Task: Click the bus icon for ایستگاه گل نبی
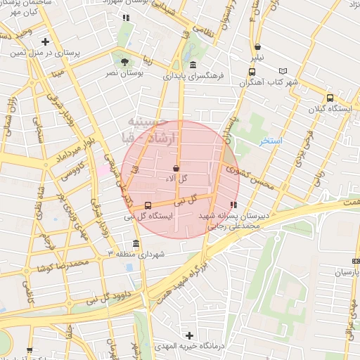pyautogui.click(x=147, y=205)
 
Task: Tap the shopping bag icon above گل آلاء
pyautogui.click(x=175, y=169)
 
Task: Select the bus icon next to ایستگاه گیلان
pyautogui.click(x=330, y=98)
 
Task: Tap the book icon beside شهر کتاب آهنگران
pyautogui.click(x=283, y=71)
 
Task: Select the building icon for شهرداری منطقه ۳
pyautogui.click(x=136, y=244)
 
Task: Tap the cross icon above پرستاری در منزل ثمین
pyautogui.click(x=46, y=41)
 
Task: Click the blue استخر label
pyautogui.click(x=271, y=141)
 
